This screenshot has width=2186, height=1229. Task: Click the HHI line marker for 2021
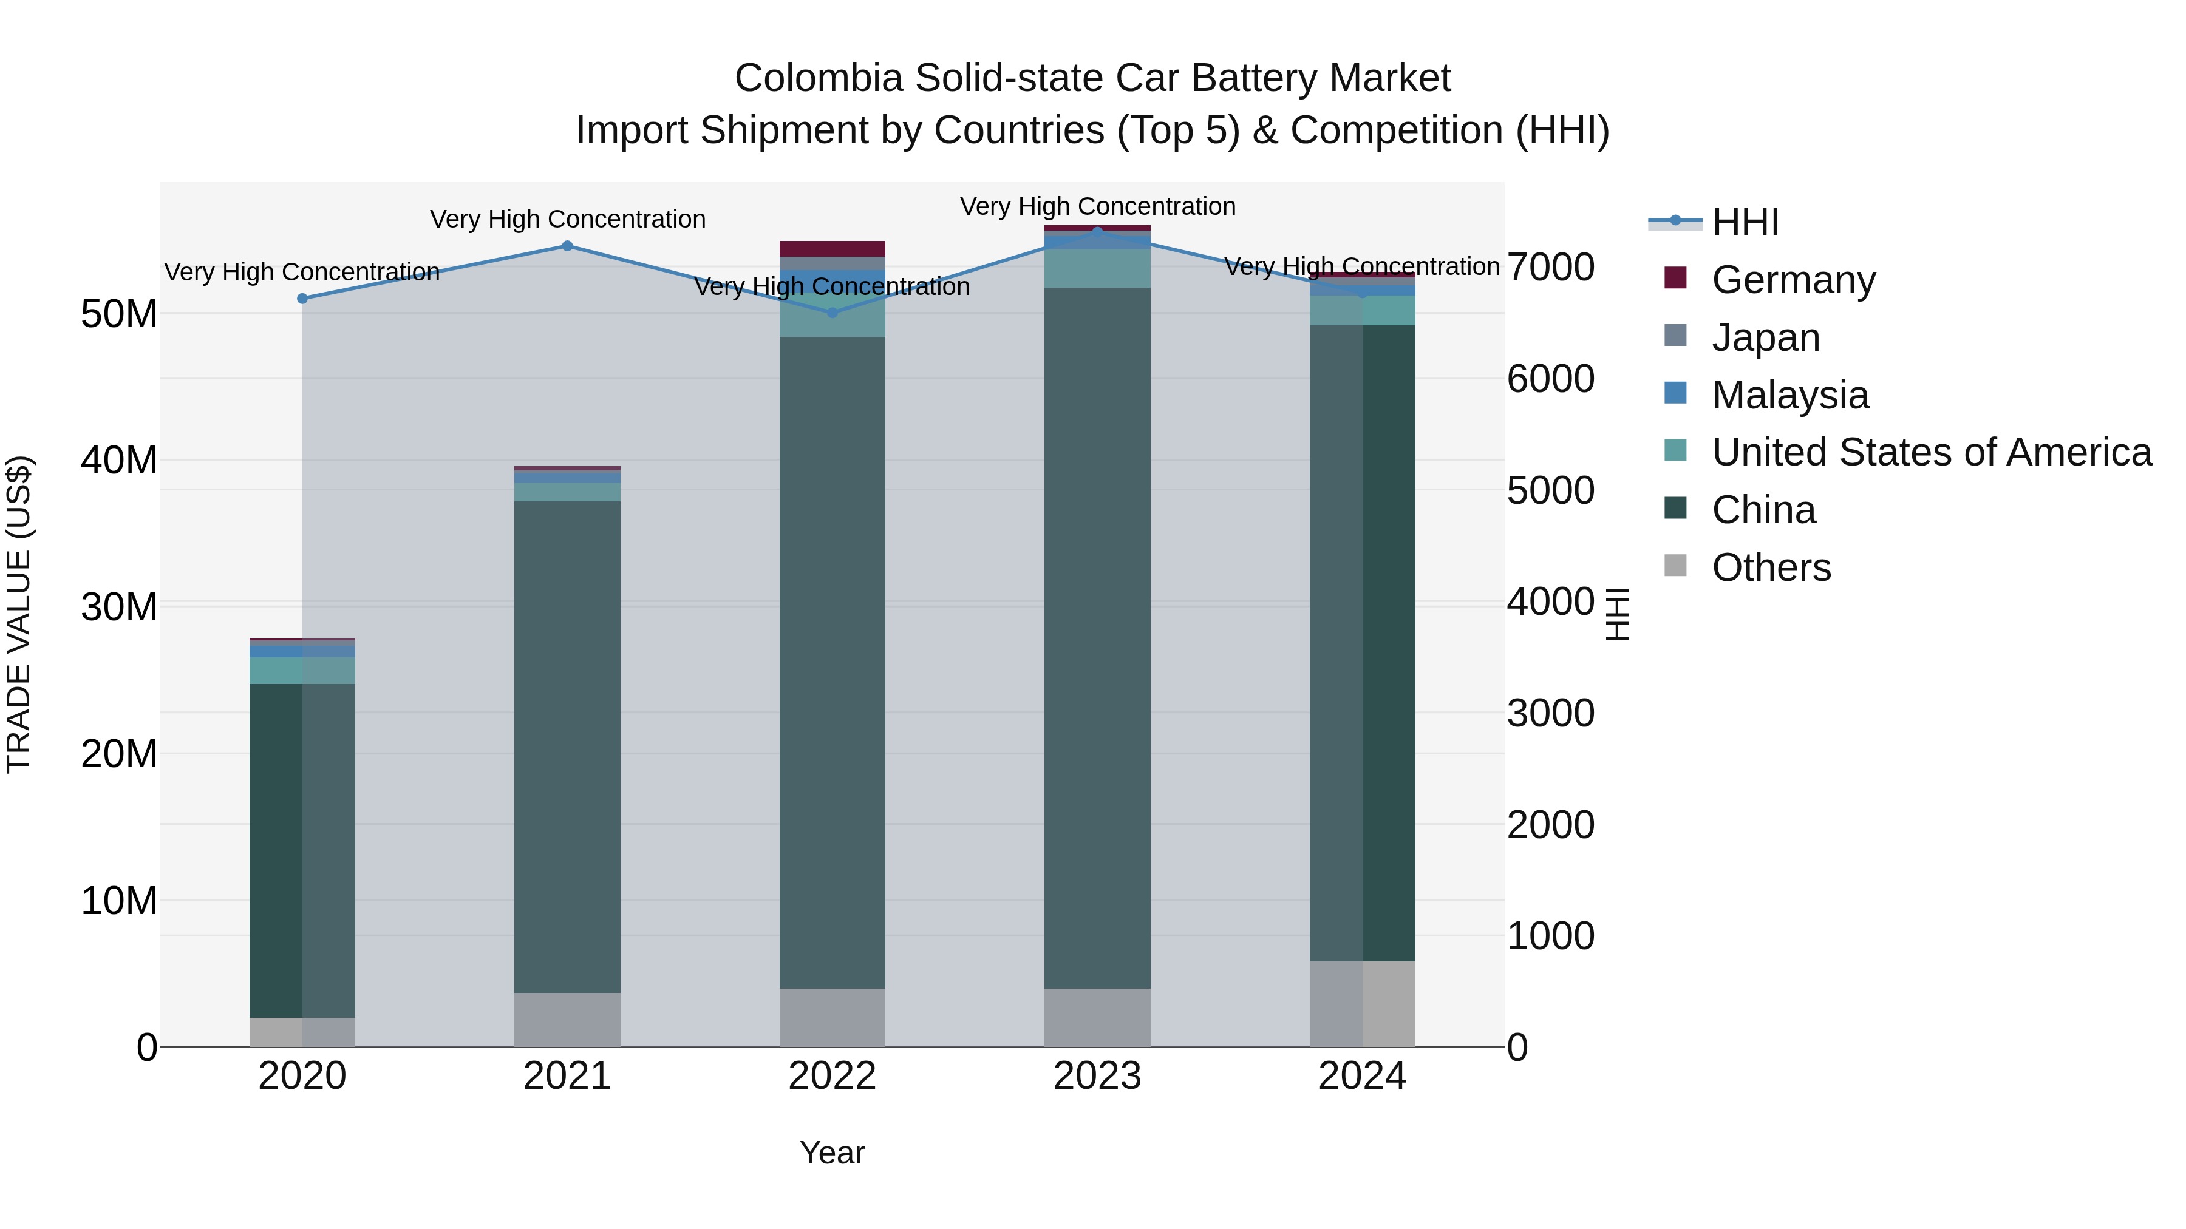(567, 246)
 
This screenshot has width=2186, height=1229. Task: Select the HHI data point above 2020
(302, 299)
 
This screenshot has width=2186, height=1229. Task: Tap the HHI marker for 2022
(832, 313)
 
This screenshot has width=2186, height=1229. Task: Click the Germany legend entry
(1793, 279)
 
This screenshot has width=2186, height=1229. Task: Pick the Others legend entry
(1771, 567)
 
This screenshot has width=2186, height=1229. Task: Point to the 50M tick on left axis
(119, 314)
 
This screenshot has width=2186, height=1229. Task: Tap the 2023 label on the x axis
(1097, 1076)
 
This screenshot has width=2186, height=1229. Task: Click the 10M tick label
(119, 901)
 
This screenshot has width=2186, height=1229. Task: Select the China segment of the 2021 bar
(567, 747)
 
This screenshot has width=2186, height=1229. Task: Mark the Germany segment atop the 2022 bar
(832, 248)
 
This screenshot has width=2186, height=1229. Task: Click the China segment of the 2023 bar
(1097, 636)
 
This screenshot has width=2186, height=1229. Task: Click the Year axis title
(832, 1153)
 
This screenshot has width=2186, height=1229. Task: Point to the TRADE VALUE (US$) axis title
(19, 614)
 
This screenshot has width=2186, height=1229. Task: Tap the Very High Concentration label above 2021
(567, 219)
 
